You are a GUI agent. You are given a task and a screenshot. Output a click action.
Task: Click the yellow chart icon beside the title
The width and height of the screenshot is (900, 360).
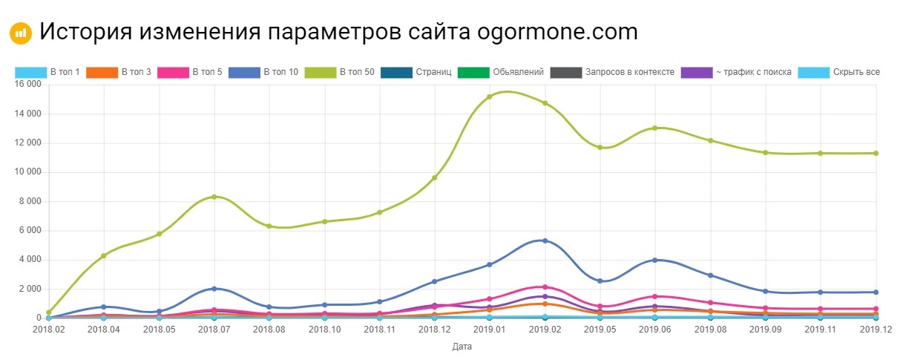point(20,33)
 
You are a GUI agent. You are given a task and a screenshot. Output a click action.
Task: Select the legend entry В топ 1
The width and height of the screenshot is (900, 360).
point(47,72)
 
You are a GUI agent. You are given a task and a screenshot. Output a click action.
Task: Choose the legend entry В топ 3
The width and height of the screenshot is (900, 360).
point(119,72)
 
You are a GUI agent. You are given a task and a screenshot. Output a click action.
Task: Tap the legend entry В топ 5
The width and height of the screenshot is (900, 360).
point(189,72)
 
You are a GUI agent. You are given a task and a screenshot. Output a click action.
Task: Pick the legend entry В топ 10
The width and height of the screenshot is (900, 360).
point(263,72)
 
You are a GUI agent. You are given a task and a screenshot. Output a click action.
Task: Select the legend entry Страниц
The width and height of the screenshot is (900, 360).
point(415,72)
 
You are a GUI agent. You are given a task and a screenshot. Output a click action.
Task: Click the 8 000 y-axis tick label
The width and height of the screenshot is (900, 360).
point(27,201)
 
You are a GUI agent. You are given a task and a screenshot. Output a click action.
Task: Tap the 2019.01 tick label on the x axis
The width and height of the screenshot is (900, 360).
point(490,329)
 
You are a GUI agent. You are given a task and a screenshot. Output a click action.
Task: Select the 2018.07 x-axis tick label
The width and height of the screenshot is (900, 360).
point(214,329)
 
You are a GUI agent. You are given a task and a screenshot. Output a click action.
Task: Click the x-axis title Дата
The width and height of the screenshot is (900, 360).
point(461,346)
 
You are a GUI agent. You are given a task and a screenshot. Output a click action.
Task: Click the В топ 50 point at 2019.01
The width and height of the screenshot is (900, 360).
point(490,96)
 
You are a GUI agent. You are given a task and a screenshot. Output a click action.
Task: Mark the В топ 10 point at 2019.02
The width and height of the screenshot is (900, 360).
point(545,240)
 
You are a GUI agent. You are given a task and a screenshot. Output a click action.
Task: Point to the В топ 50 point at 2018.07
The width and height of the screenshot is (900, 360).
point(214,197)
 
